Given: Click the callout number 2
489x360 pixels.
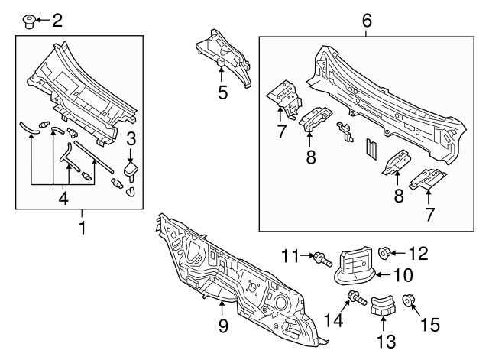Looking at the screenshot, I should [x=57, y=19].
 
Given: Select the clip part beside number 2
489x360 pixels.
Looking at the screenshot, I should [x=30, y=19].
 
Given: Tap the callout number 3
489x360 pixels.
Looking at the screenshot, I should [x=131, y=138].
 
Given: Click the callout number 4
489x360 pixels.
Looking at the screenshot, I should [x=64, y=199].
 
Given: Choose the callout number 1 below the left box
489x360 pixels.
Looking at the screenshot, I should [x=83, y=228].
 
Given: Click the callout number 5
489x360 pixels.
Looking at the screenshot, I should [x=222, y=92].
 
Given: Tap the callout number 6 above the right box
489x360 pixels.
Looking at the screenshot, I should [x=367, y=20].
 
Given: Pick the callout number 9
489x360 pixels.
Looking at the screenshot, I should [x=222, y=326].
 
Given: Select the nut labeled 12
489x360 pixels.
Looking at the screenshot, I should [x=385, y=253].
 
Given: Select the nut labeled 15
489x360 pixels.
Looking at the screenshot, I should [x=408, y=306].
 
